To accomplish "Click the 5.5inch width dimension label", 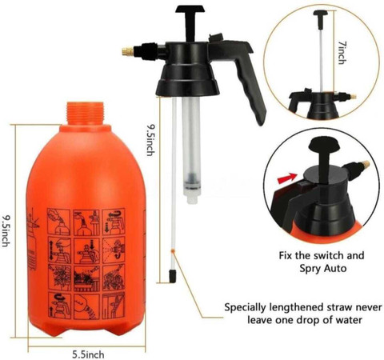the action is (88, 354).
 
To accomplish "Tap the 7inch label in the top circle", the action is (342, 53).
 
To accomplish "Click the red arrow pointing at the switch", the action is (287, 178).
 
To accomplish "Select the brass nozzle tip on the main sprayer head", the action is (128, 51).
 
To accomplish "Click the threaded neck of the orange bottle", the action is (85, 114).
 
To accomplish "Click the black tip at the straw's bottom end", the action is (173, 276).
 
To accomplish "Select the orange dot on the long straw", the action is (174, 251).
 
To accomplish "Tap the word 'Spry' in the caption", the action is (310, 268).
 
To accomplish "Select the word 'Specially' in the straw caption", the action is (245, 308).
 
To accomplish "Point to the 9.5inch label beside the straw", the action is (150, 140).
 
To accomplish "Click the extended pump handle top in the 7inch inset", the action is (321, 14).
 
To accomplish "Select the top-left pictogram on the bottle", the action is (59, 222).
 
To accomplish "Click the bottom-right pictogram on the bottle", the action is (114, 306).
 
